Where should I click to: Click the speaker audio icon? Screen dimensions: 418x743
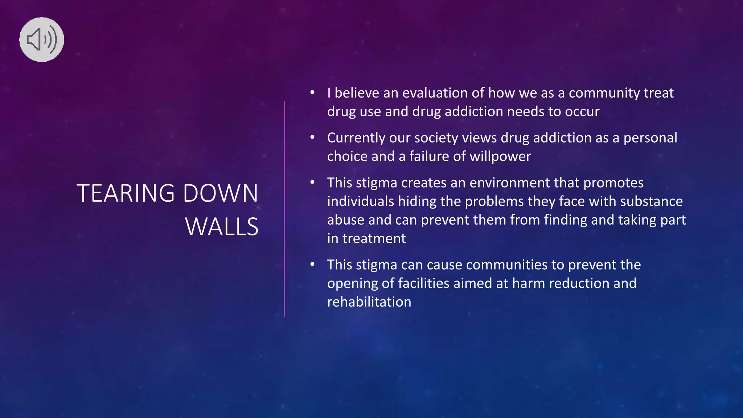tap(42, 40)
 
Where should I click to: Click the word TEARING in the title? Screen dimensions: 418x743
tap(126, 193)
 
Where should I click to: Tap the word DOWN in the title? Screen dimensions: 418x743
tap(221, 193)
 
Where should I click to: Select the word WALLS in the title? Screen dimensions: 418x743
tap(222, 227)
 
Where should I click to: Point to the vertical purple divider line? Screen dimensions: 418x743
tap(284, 209)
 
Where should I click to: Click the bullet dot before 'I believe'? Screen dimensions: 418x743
tap(312, 93)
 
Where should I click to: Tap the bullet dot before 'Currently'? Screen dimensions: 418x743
tap(312, 138)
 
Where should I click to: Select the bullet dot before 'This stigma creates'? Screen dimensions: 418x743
tap(312, 183)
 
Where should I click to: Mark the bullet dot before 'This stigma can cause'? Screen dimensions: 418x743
tap(312, 265)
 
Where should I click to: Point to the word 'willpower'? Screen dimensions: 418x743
tap(500, 156)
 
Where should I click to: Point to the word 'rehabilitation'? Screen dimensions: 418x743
tap(369, 302)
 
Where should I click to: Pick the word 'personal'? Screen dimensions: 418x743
tap(650, 138)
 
